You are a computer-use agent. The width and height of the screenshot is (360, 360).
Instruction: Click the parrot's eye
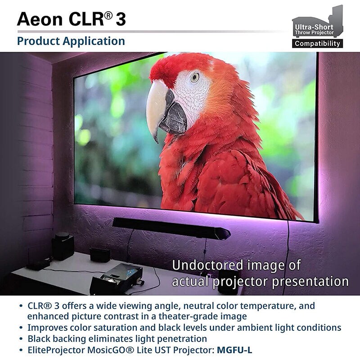click(194, 77)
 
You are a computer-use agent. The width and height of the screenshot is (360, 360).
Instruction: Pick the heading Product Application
click(71, 41)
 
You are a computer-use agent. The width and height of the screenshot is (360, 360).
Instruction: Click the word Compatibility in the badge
click(317, 44)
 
